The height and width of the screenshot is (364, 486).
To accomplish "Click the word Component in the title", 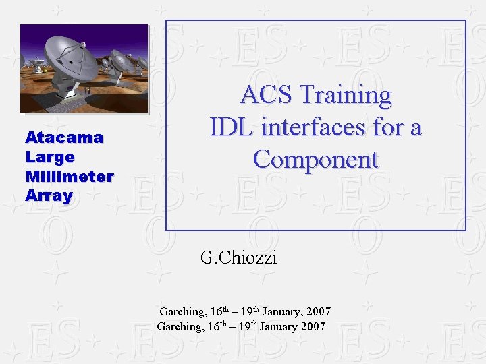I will pos(316,159).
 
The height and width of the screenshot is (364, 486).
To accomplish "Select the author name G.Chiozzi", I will pos(238,257).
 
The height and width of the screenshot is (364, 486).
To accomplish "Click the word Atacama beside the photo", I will pos(64,138).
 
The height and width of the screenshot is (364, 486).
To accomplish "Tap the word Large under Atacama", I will pos(50,157).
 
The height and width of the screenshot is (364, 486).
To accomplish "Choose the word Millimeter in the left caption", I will pos(70,177).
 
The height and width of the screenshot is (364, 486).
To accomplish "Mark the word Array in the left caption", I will pos(49,196).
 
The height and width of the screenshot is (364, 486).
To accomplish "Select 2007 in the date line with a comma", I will pos(318,311).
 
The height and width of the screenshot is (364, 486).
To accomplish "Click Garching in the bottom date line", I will pos(180,327).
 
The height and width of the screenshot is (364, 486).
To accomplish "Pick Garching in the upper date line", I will pos(182,311).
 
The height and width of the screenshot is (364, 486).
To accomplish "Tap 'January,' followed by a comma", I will pos(282,311).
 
